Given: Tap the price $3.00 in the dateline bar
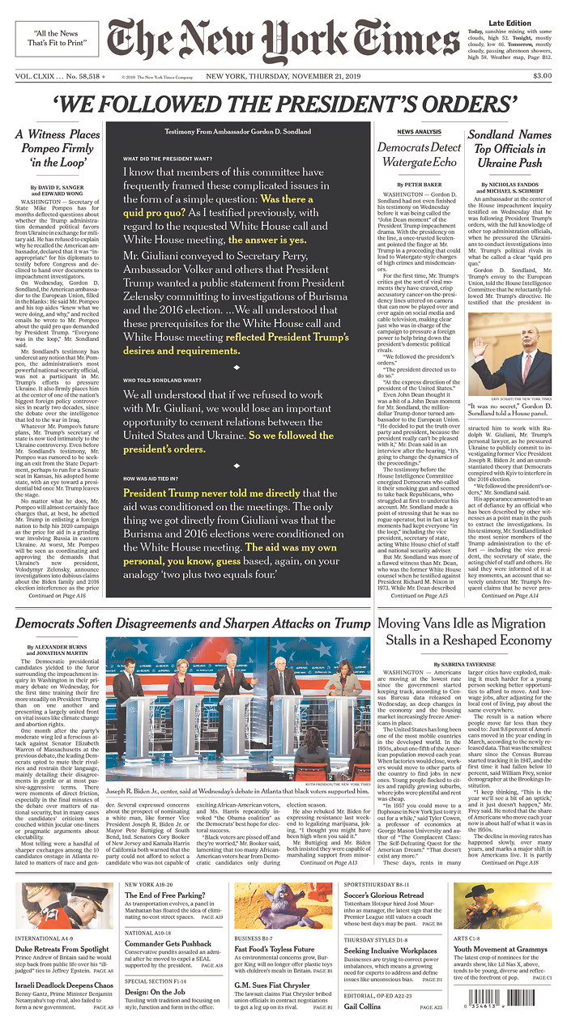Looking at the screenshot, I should click(542, 76).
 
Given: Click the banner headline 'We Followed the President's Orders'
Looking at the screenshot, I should click(284, 104).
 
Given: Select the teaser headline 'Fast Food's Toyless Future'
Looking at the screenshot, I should click(275, 949).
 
